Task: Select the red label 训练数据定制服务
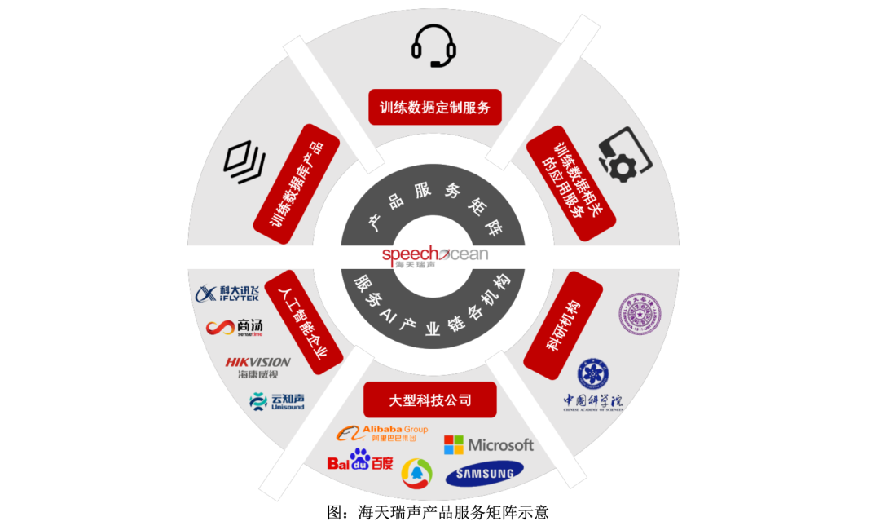433,107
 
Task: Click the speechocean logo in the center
434,256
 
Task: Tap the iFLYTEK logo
227,294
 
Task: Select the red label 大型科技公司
430,400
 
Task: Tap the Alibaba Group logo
382,434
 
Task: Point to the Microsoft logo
489,445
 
